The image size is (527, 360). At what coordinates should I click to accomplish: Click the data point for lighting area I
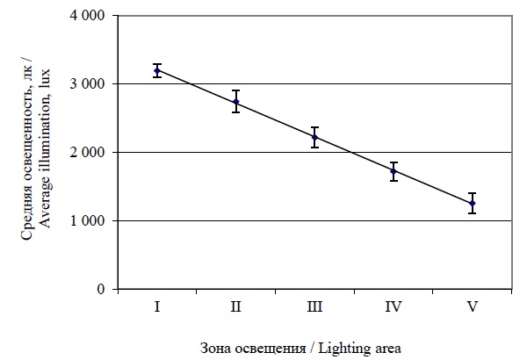[157, 70]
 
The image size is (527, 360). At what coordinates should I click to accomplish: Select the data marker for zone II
[236, 102]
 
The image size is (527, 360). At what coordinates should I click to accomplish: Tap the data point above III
[314, 137]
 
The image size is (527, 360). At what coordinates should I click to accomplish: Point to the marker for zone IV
[393, 171]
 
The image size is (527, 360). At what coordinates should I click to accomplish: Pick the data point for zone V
[472, 203]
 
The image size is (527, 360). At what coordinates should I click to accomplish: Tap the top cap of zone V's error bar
[472, 193]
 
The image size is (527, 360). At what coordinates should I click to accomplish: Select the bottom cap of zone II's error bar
[236, 112]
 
